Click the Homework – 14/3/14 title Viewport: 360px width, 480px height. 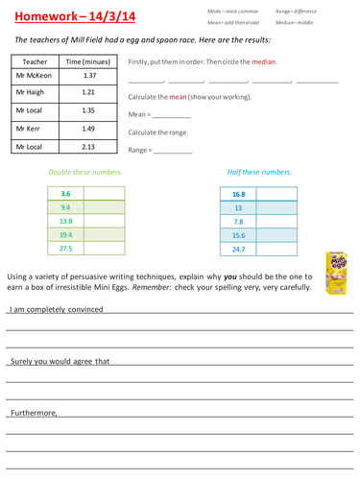pyautogui.click(x=65, y=15)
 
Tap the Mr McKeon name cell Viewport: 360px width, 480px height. pyautogui.click(x=35, y=75)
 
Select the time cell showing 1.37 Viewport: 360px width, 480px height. pyautogui.click(x=89, y=75)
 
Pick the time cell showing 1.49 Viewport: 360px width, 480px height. pyautogui.click(x=89, y=129)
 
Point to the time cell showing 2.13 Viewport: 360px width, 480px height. pyautogui.click(x=89, y=147)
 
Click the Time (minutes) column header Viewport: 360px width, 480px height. pyautogui.click(x=89, y=60)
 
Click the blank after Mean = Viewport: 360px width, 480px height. pyautogui.click(x=172, y=114)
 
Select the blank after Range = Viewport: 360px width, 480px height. pyautogui.click(x=173, y=151)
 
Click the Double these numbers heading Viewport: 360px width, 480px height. pyautogui.click(x=85, y=173)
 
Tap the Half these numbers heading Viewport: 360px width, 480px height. pyautogui.click(x=259, y=173)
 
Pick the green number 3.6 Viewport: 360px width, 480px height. pyautogui.click(x=66, y=194)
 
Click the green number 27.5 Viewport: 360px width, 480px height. pyautogui.click(x=66, y=248)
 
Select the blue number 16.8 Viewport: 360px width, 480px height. pyautogui.click(x=239, y=194)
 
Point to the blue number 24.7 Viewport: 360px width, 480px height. pyautogui.click(x=239, y=249)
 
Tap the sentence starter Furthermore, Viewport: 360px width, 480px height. pyautogui.click(x=35, y=414)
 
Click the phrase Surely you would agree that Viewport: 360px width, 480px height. pyautogui.click(x=60, y=362)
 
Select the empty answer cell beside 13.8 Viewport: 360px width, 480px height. pyautogui.click(x=105, y=221)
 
